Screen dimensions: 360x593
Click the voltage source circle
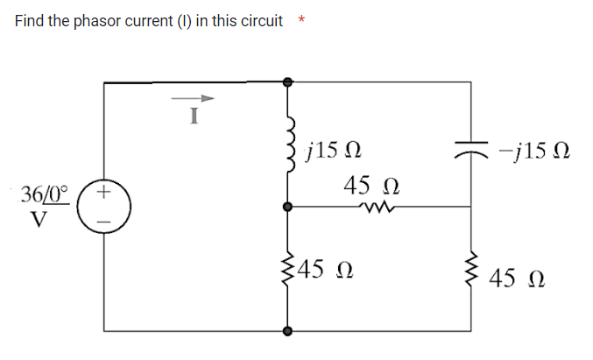(104, 208)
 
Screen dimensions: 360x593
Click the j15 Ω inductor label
(329, 152)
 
